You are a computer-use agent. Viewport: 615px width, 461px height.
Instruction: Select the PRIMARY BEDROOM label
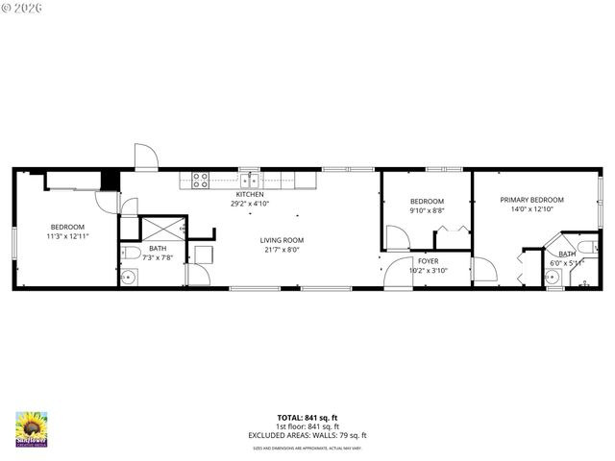coord(531,200)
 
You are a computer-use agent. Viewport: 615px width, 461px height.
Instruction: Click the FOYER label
coord(428,261)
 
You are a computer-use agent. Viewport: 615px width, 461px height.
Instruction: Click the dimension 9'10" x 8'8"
coord(427,210)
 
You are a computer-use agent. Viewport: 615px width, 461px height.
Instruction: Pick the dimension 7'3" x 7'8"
coord(157,257)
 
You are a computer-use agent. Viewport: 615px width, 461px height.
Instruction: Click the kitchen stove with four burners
coord(201,178)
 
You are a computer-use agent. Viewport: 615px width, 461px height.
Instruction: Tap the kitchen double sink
coord(250,178)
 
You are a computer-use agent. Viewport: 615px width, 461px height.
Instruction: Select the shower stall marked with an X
coord(159,230)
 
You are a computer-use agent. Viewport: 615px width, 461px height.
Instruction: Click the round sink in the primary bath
coord(552,278)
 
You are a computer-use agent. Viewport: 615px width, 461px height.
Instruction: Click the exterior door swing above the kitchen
coord(145,157)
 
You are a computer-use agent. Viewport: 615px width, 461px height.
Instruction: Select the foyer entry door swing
coord(394,274)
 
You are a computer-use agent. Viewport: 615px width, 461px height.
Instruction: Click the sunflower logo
coord(32,428)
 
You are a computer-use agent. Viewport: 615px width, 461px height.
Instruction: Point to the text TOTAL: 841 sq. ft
coord(307,418)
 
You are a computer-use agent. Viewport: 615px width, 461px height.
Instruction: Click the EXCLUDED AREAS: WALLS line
coord(307,435)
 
